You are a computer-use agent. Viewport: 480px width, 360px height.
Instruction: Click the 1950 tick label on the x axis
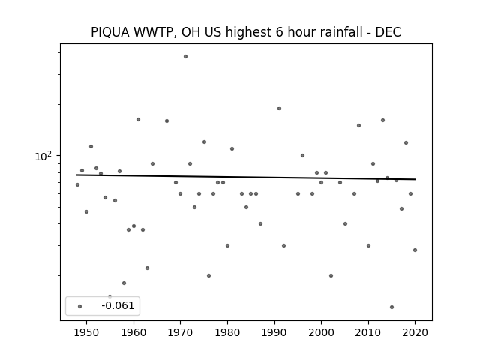(x=87, y=333)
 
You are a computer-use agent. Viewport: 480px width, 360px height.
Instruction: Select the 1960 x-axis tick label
(x=133, y=333)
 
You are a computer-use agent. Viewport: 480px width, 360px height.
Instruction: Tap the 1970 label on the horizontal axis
(x=180, y=333)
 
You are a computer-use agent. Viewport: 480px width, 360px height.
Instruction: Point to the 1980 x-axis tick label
(x=227, y=333)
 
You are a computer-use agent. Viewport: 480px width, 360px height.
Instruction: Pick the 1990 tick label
(x=274, y=333)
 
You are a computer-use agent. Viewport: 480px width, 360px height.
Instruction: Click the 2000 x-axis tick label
(x=321, y=333)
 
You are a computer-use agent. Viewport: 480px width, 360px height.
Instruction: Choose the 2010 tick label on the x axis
(x=368, y=333)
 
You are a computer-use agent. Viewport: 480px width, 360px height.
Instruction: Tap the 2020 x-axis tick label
(x=415, y=333)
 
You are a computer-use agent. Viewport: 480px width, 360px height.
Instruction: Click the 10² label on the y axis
(x=43, y=156)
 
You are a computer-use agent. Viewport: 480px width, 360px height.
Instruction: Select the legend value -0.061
(x=118, y=305)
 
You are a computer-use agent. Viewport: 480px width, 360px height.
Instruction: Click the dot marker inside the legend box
(x=80, y=306)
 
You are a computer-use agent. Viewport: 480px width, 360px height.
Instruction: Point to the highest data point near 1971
(x=185, y=57)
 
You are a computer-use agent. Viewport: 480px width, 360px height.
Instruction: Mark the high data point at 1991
(x=279, y=108)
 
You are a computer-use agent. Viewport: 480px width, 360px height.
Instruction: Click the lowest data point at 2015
(x=391, y=307)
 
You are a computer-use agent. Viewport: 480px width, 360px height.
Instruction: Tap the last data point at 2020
(x=415, y=250)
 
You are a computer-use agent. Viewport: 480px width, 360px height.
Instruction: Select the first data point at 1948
(x=77, y=185)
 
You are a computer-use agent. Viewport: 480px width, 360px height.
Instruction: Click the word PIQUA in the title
(x=110, y=32)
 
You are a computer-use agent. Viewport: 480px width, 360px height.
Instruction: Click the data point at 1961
(x=138, y=120)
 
